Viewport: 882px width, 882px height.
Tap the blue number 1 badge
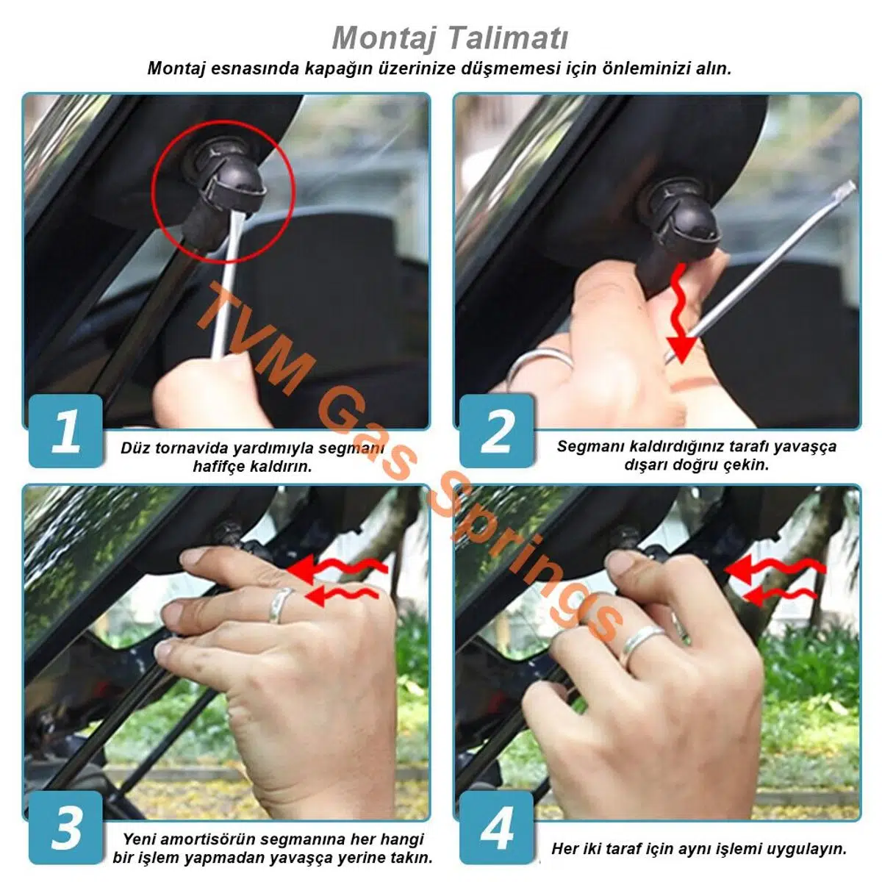65,431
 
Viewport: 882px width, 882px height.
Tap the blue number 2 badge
496,431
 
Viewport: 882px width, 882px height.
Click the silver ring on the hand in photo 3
280,605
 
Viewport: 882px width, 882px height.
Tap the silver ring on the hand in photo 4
640,645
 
